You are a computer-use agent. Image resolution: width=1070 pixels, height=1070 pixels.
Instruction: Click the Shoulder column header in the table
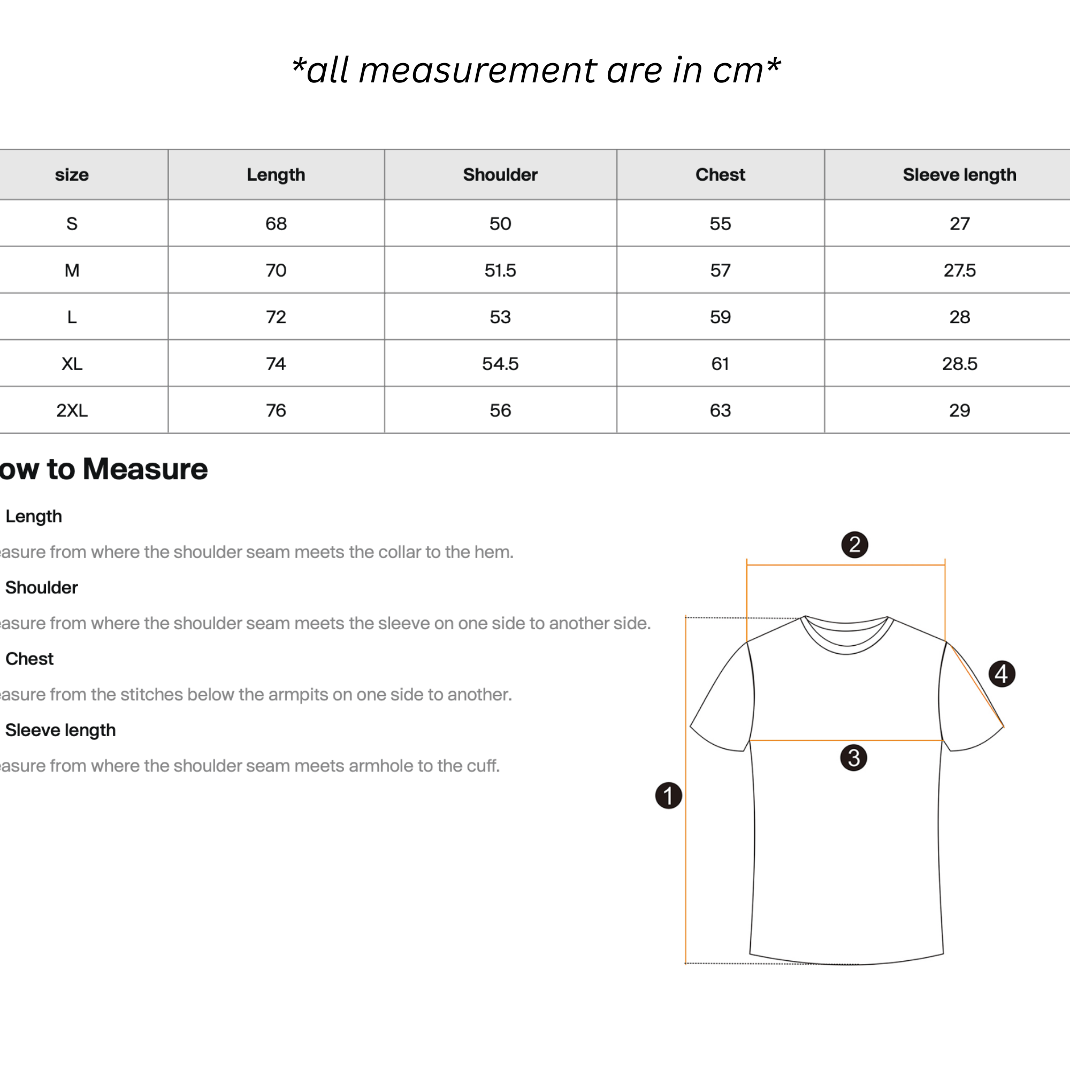coord(500,174)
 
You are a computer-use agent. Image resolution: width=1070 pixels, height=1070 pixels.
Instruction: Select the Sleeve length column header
coord(959,174)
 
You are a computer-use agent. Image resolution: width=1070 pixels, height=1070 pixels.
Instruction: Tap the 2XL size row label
coord(72,410)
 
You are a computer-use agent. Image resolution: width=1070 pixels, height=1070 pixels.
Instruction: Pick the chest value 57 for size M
coord(720,270)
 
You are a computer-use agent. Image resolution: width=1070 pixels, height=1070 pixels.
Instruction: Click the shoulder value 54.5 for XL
coord(500,364)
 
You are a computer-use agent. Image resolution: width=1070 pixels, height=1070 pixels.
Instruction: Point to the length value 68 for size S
coord(276,224)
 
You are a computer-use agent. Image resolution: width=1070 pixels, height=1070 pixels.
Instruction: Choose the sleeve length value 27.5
coord(959,270)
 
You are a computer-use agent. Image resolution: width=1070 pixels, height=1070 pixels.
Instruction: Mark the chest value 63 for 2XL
coord(720,410)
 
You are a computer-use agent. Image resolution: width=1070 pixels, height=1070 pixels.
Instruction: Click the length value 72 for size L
coord(276,317)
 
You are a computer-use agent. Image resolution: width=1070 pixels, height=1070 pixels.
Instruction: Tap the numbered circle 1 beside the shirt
coord(668,796)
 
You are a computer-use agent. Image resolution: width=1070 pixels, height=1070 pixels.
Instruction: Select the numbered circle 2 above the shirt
coord(854,545)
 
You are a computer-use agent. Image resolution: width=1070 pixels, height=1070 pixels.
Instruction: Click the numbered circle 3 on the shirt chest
coord(853,758)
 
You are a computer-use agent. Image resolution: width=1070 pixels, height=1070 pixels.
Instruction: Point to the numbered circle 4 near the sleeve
coord(1002,674)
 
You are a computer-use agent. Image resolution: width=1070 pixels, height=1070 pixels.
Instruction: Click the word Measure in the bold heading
coord(145,469)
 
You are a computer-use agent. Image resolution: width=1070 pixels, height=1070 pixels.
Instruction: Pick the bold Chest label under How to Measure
coord(29,659)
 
